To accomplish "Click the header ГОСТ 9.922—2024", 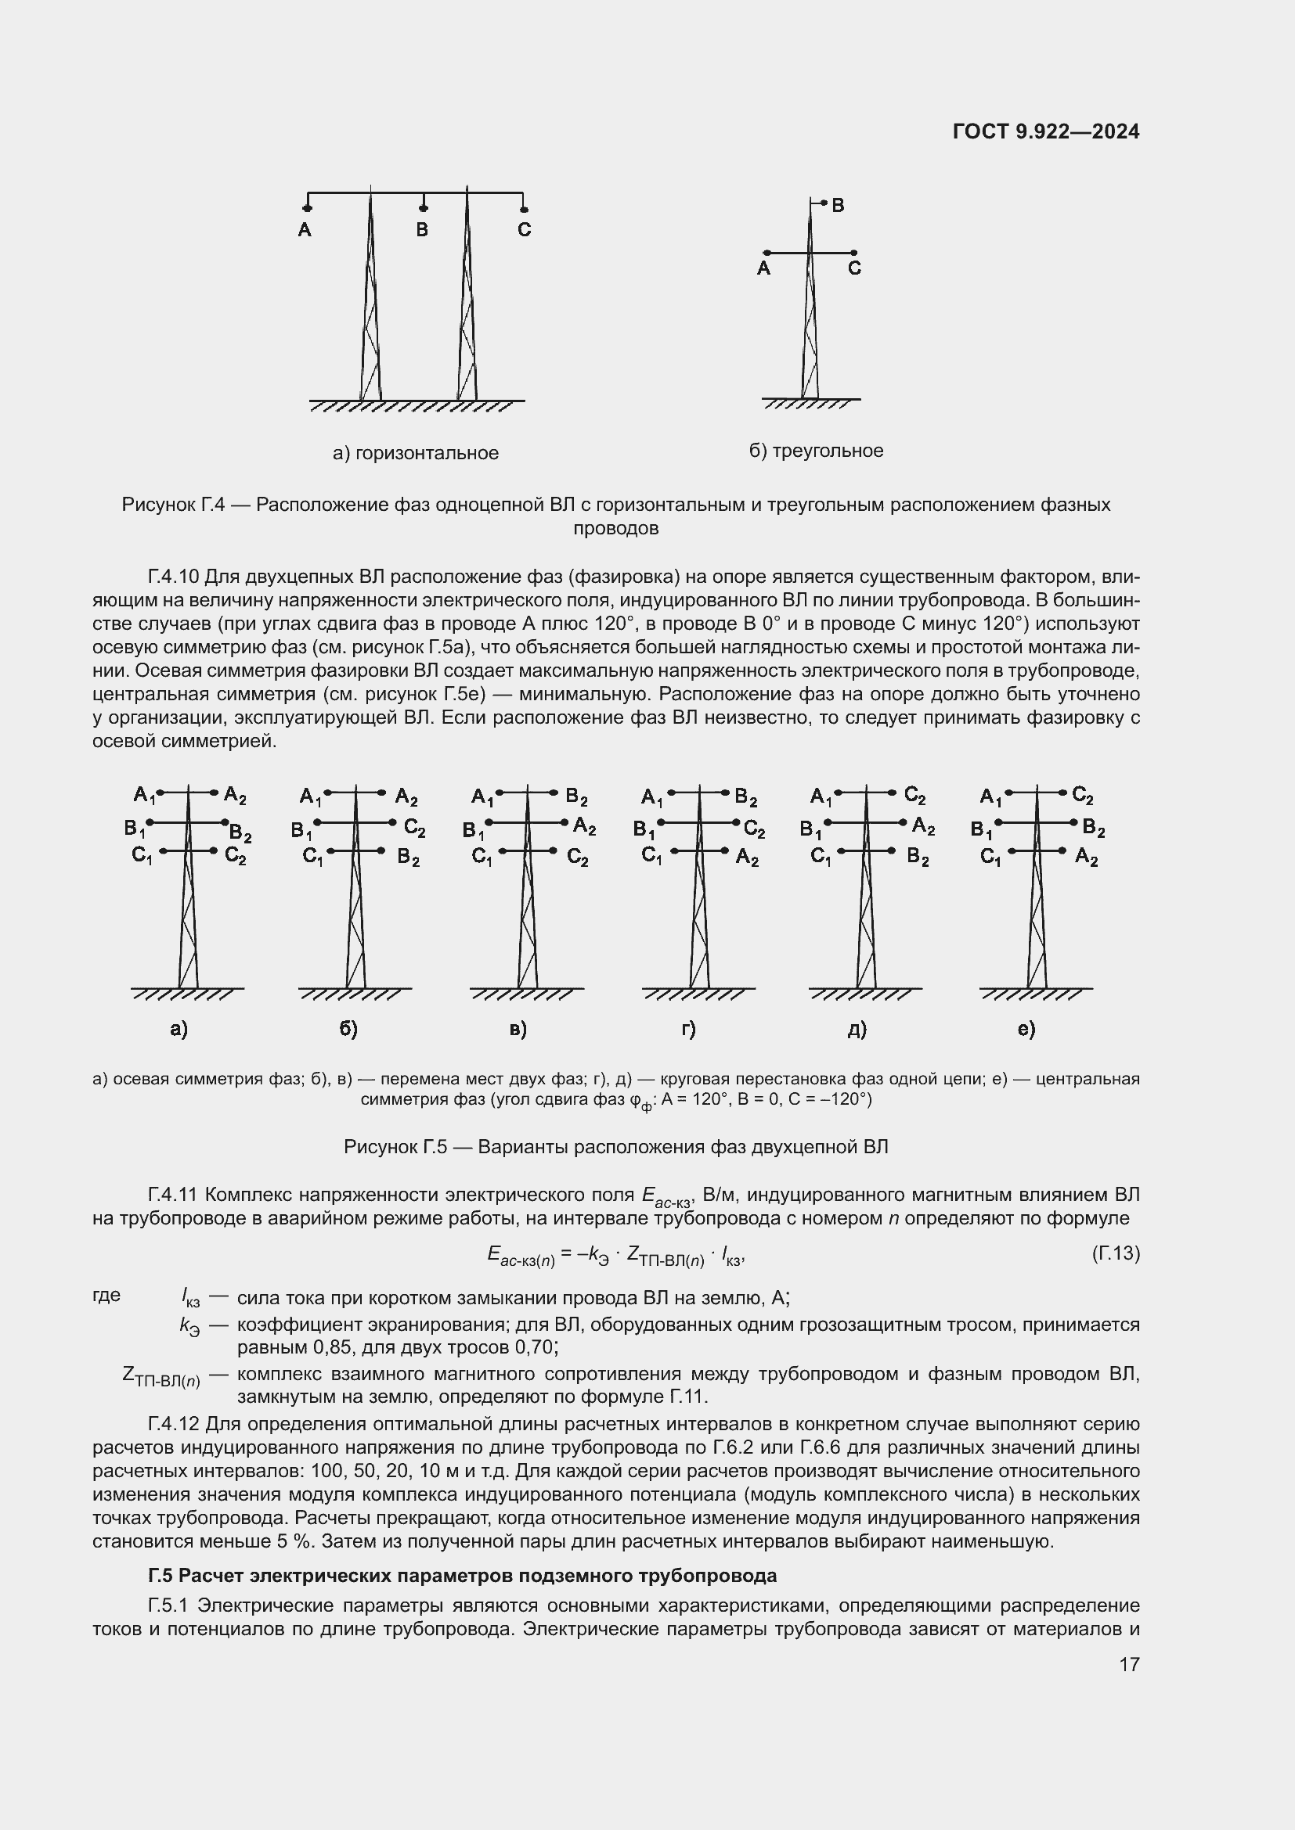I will pyautogui.click(x=1045, y=131).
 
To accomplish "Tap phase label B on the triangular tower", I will pyautogui.click(x=837, y=206).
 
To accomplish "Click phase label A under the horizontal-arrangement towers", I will pyautogui.click(x=305, y=230).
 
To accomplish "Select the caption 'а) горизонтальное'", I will pyautogui.click(x=416, y=454).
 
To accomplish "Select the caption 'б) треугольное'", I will pyautogui.click(x=816, y=451).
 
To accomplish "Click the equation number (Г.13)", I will pyautogui.click(x=1116, y=1253).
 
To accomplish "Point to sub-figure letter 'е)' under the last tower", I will pyautogui.click(x=1026, y=1029).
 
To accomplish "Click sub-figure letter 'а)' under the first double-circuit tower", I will pyautogui.click(x=179, y=1029).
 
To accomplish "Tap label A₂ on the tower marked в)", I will pyautogui.click(x=585, y=826).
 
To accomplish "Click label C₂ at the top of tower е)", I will pyautogui.click(x=1083, y=795).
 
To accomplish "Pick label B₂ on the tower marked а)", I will pyautogui.click(x=241, y=834).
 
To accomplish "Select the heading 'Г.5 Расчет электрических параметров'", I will pyautogui.click(x=463, y=1576).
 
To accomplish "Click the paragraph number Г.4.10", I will pyautogui.click(x=173, y=577).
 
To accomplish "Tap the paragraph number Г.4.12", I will pyautogui.click(x=173, y=1424).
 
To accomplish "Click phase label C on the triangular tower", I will pyautogui.click(x=854, y=268).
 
